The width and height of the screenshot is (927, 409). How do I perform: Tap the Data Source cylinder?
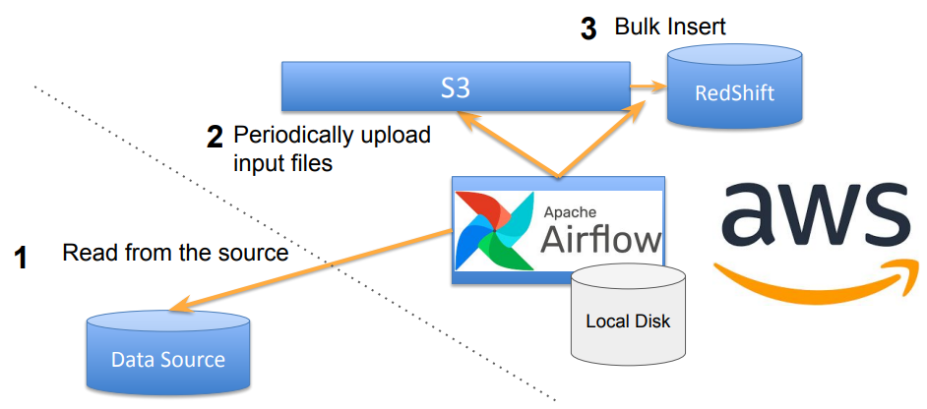(167, 355)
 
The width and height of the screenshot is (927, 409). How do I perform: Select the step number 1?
(21, 260)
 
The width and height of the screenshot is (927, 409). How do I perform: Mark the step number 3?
(588, 29)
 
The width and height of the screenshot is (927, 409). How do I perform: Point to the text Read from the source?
(175, 253)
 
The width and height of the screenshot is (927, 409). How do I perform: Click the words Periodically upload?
(333, 135)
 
